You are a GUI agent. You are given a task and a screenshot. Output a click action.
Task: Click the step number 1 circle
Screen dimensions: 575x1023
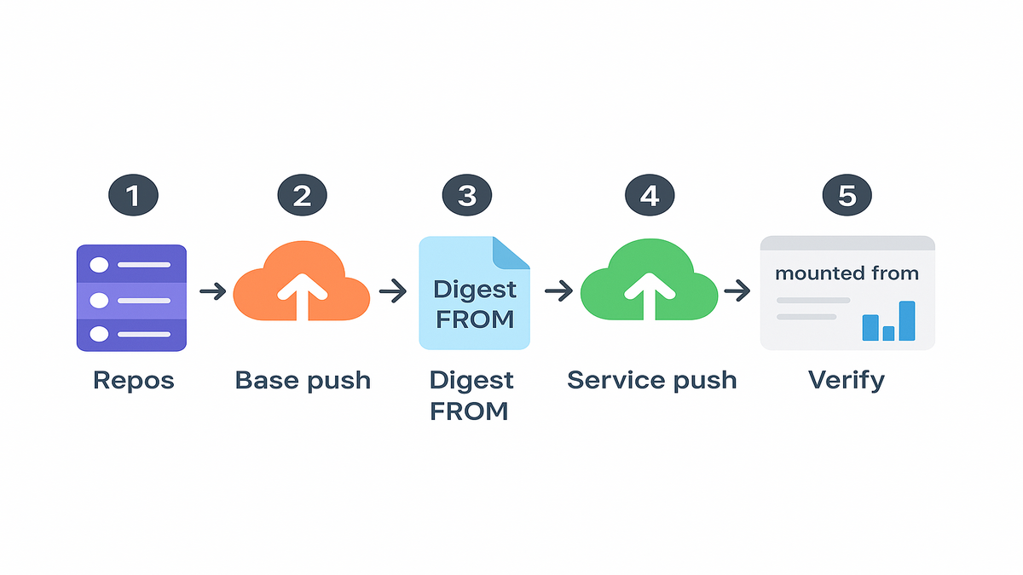point(132,196)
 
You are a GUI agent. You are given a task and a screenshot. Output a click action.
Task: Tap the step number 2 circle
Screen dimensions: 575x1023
point(302,196)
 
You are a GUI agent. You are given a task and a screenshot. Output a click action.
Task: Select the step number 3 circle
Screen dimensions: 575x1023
point(466,196)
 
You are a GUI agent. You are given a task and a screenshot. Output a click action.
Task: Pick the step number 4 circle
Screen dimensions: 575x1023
point(649,196)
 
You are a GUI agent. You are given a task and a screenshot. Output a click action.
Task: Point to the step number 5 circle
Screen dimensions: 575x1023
point(847,196)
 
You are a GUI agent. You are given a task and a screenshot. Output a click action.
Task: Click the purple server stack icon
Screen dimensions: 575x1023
point(131,298)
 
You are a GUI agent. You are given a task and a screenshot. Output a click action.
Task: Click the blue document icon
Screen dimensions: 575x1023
point(474,294)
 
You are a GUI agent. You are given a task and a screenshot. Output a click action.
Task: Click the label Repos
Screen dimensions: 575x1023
point(133,380)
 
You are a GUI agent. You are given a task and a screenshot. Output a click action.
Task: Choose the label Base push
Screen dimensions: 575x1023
point(303,380)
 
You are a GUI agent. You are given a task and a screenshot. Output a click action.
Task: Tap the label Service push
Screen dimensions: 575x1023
point(651,380)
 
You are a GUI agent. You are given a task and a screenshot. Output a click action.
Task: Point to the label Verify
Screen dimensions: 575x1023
point(847,380)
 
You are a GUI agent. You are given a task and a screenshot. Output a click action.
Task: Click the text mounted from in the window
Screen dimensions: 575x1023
point(847,273)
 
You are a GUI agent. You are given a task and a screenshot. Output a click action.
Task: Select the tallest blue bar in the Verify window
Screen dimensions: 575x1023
point(907,321)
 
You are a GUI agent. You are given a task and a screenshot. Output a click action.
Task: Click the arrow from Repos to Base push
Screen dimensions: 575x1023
point(212,292)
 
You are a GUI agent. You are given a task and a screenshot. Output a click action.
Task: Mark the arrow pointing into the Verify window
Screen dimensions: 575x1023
point(737,292)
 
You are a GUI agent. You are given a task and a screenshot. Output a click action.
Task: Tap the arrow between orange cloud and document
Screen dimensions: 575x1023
point(393,292)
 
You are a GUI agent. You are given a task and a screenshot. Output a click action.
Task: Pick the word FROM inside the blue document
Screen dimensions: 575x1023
point(475,319)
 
